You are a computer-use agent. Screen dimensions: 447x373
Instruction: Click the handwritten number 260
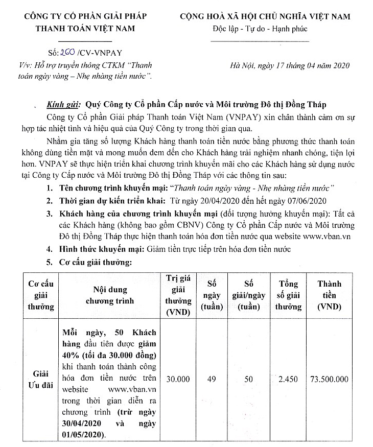(x=68, y=53)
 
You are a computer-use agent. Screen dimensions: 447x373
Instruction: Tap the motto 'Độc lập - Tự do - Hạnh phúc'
(x=260, y=28)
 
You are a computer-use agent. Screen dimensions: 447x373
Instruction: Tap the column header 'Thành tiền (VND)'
(x=330, y=295)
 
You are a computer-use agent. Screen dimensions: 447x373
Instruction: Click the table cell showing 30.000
(x=178, y=379)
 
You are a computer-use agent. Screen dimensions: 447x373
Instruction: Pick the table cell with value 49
(x=211, y=379)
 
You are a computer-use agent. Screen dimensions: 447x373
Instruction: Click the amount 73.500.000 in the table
(x=330, y=379)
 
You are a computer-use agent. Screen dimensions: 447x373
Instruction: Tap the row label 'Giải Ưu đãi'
(x=40, y=379)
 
